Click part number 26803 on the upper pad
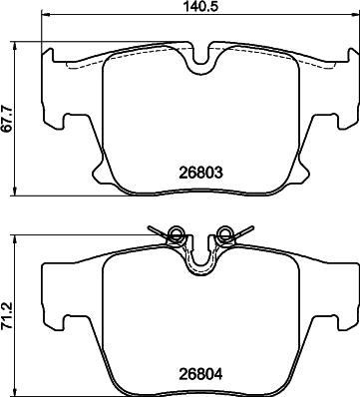point(198,172)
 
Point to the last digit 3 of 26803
point(215,172)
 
